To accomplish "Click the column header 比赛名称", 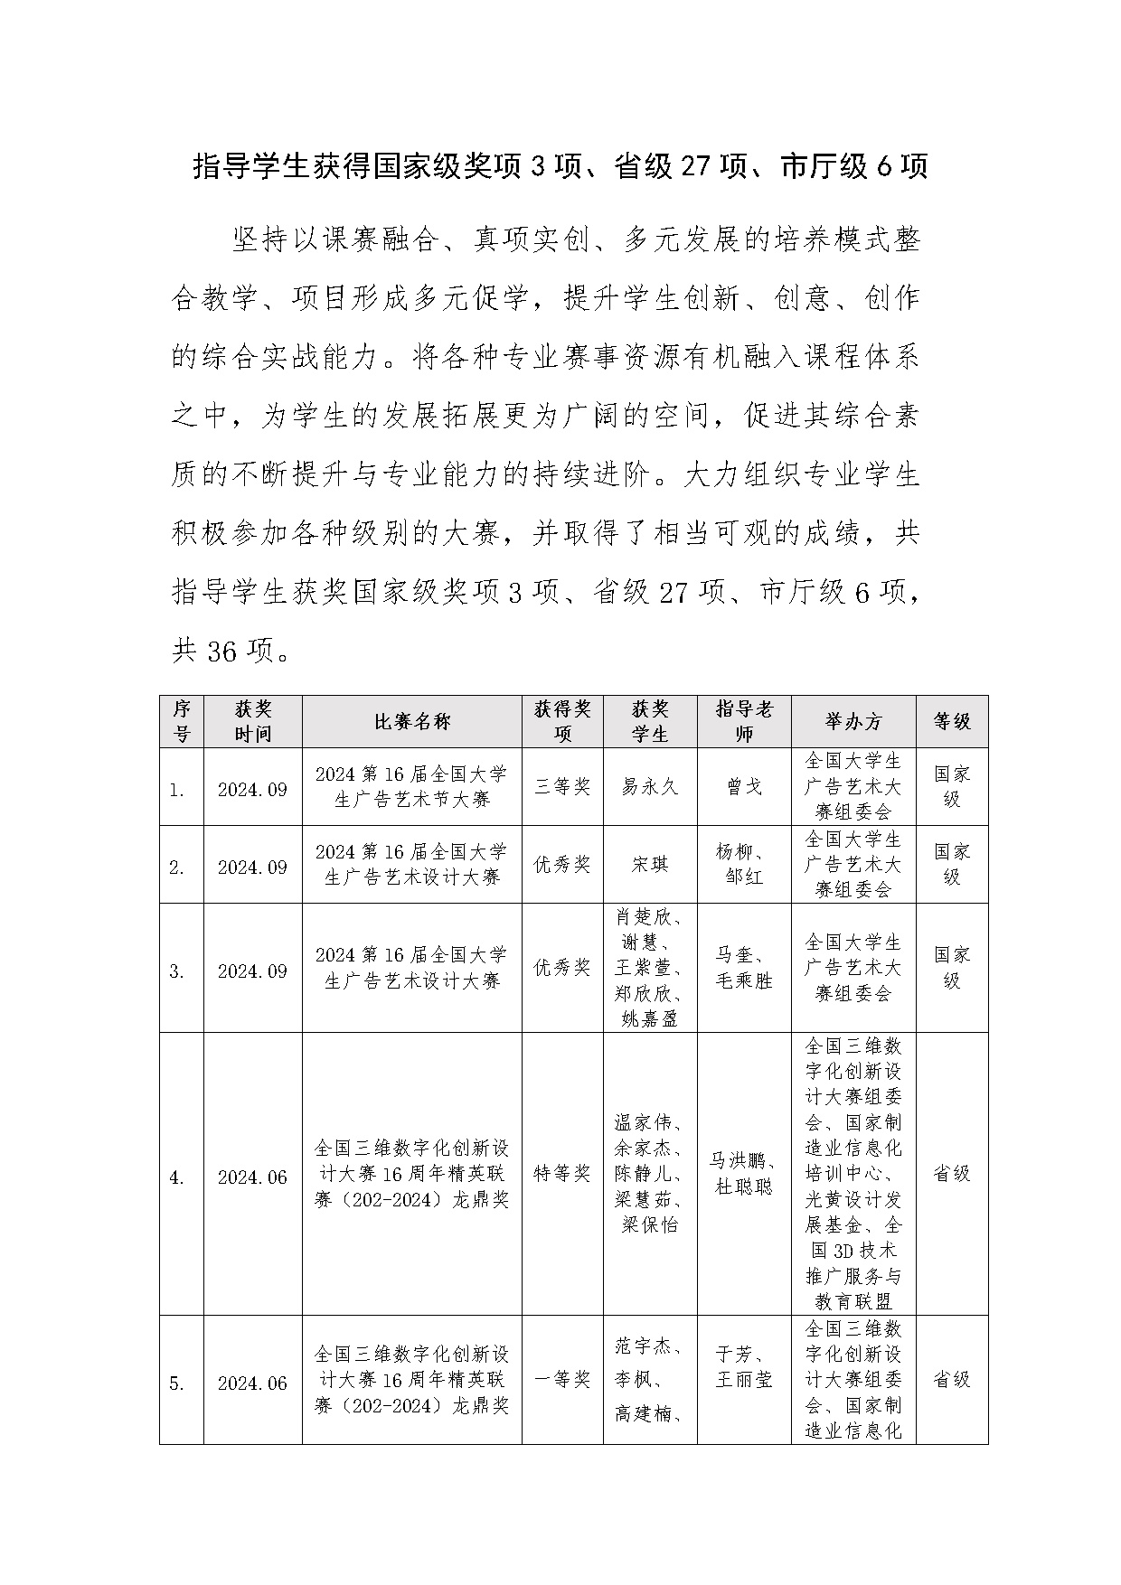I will (412, 721).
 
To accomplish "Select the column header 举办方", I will (853, 721).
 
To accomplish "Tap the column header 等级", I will (952, 721).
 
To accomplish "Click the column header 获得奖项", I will (562, 721).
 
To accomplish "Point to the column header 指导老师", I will (744, 721).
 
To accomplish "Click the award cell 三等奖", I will (562, 787).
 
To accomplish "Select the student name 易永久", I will (650, 787).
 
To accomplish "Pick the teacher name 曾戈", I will (744, 787).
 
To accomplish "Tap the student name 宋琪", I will (650, 865).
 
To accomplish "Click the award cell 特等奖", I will (562, 1174).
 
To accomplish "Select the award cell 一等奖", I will (562, 1380).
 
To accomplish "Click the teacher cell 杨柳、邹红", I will (744, 865).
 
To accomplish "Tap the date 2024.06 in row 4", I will (252, 1177).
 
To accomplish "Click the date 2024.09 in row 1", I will (252, 790).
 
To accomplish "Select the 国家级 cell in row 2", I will (952, 865).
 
